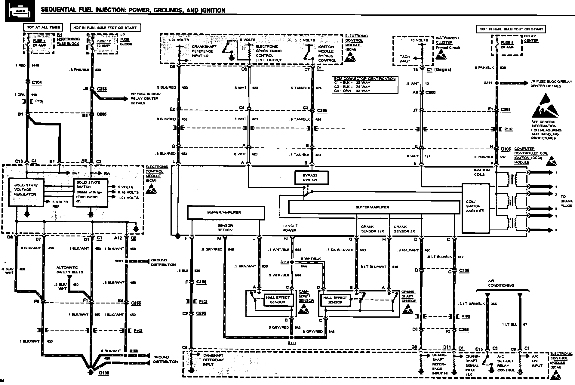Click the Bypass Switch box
(311, 177)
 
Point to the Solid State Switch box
(90, 192)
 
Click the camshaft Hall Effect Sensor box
(278, 300)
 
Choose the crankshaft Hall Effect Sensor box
(335, 300)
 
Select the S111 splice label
(291, 343)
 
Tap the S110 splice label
(284, 262)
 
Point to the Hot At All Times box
(43, 27)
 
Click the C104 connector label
(37, 82)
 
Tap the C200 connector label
(431, 93)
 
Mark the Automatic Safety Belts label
(69, 269)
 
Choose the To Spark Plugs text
(566, 201)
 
